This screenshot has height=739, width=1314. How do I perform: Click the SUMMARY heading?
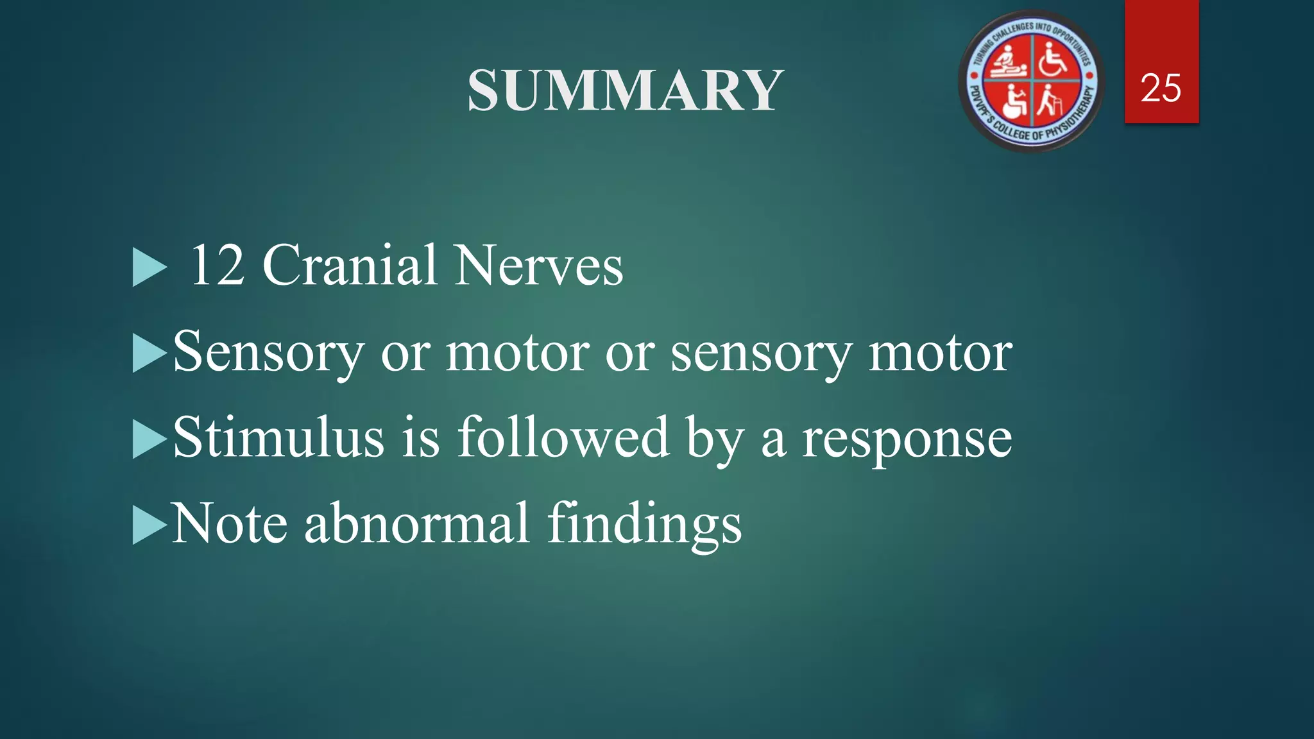[x=625, y=90]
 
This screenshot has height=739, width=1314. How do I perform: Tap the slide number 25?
[x=1161, y=88]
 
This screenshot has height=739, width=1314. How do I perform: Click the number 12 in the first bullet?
[x=218, y=265]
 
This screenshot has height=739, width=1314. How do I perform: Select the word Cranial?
[x=350, y=265]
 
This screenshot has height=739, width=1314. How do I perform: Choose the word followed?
[x=563, y=437]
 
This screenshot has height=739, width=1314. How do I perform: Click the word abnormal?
[x=416, y=523]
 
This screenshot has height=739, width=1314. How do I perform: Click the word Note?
[x=229, y=523]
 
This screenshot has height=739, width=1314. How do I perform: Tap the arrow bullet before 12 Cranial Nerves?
[x=148, y=268]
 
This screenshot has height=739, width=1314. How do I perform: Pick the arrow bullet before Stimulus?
[x=148, y=439]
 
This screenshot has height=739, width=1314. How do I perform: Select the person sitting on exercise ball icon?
[x=1012, y=103]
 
